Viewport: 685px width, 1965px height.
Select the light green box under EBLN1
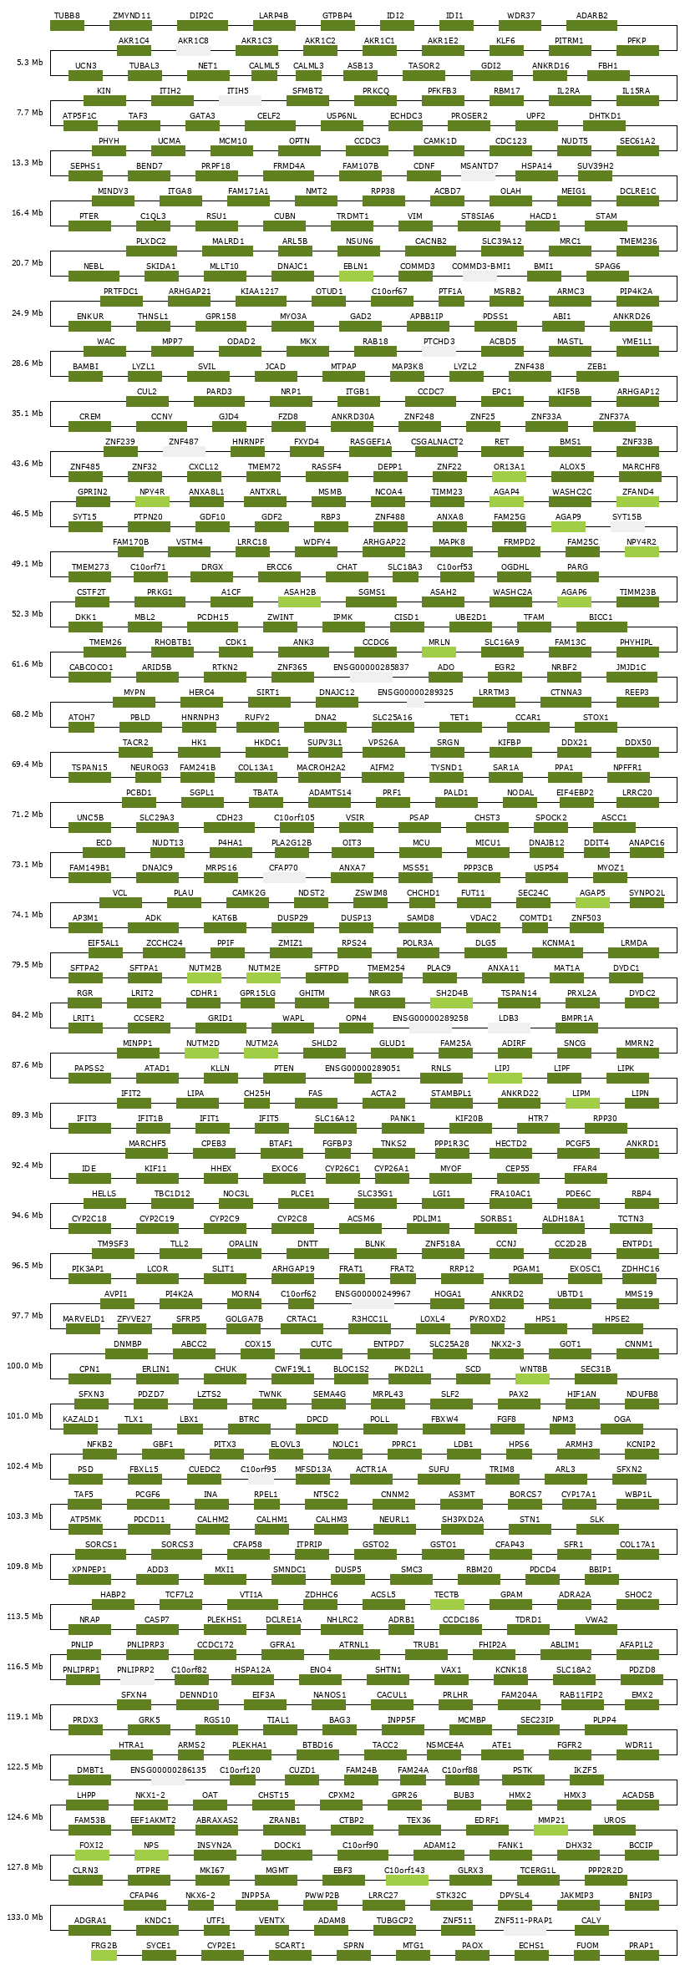coord(356,276)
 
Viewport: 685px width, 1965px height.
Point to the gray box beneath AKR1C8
coord(193,50)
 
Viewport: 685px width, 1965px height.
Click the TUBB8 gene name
coord(67,15)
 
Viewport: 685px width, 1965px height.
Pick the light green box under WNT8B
coord(533,1379)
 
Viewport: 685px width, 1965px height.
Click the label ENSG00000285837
coord(371,667)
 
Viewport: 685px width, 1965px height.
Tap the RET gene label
coord(501,441)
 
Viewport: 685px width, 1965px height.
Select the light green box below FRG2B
coord(104,1955)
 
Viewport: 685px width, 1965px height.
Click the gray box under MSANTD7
coord(478,175)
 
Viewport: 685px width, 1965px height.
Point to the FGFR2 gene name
coord(570,1744)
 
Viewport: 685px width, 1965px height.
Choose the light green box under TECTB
coord(447,1604)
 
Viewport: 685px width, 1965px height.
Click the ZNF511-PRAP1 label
coord(523,1920)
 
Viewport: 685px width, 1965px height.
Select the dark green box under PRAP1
coord(642,1955)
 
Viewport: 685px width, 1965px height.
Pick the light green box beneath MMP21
coord(551,1830)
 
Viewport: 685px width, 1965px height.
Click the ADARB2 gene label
coord(592,15)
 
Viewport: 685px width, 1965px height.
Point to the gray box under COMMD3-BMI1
coord(480,276)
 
